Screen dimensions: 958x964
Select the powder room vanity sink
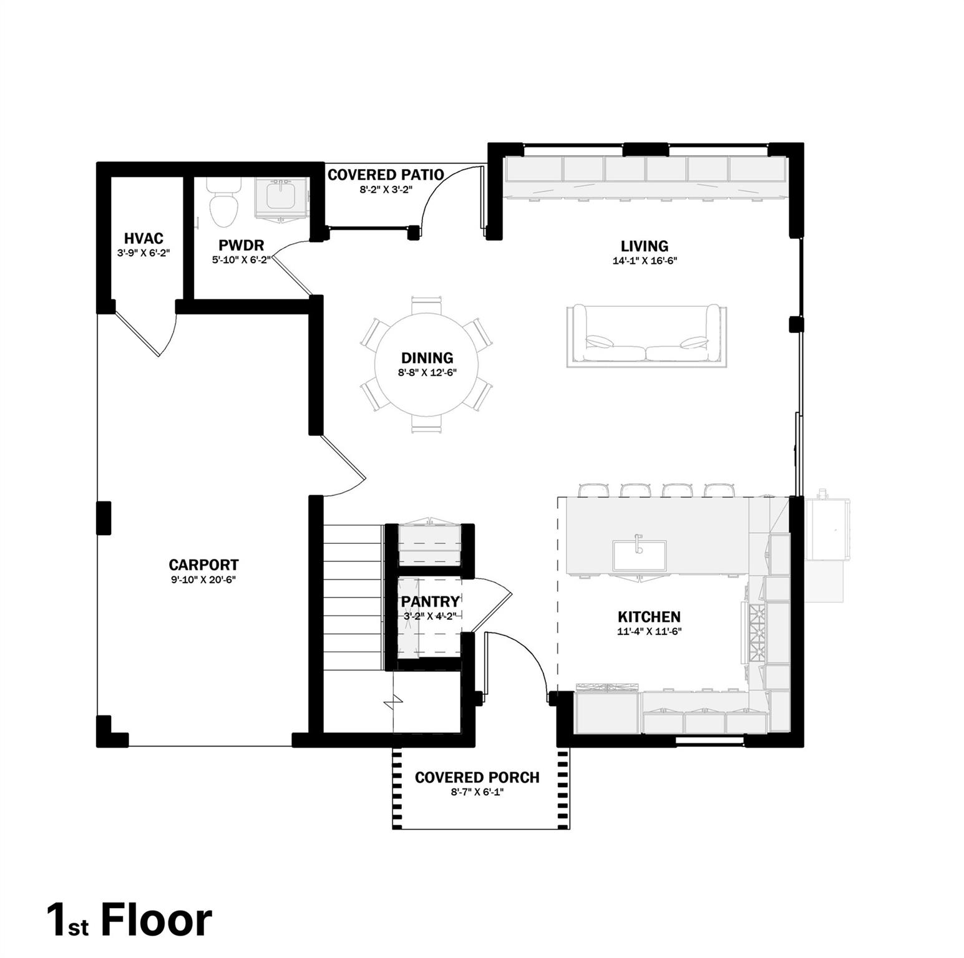click(x=282, y=196)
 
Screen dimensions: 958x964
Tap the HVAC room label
click(x=144, y=238)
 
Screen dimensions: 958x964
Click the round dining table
click(x=427, y=364)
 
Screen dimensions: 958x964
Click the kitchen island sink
click(x=639, y=554)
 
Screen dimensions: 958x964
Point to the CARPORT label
click(x=203, y=565)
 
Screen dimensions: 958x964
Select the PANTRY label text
click(x=430, y=601)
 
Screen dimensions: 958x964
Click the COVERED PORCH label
click(x=477, y=778)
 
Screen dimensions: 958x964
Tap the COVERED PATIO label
click(x=386, y=175)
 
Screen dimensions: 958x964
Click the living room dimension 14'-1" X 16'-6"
click(x=645, y=261)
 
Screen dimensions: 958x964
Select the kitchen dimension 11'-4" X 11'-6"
click(x=649, y=631)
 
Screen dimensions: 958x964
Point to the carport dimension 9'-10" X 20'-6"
click(x=203, y=580)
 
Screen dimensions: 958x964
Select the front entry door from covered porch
click(x=518, y=661)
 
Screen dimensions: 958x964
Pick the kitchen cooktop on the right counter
click(x=757, y=633)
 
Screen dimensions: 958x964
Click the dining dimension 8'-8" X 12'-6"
click(x=427, y=373)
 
